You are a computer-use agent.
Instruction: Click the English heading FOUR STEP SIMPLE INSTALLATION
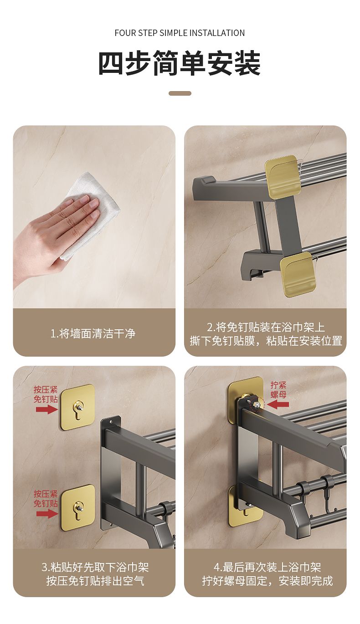tap(180, 33)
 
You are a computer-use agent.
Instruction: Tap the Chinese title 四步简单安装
tap(180, 63)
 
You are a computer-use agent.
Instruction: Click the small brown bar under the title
tap(180, 93)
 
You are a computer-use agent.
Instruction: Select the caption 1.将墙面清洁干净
tap(93, 333)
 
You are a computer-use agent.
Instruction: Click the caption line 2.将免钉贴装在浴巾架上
tap(266, 327)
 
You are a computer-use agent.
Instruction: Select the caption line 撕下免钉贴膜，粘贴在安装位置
tap(266, 341)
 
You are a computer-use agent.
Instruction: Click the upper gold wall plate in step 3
tap(78, 407)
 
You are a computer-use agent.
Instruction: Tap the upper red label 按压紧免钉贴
tap(46, 394)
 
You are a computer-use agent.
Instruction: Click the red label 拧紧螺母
tap(278, 390)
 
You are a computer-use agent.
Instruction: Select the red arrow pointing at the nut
tap(278, 405)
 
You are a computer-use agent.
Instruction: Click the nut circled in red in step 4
tap(257, 404)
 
